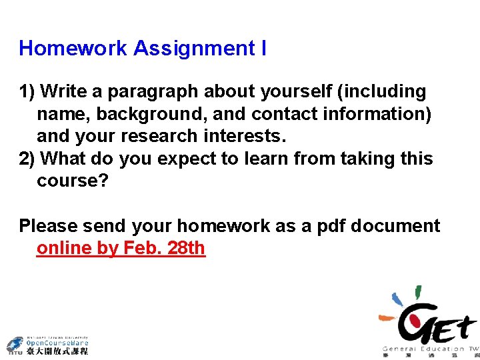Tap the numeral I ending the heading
pos(264,49)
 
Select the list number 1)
pos(30,91)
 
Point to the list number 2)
pos(30,159)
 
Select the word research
pos(166,137)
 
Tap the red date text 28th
pos(186,249)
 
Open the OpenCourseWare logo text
pos(57,344)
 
